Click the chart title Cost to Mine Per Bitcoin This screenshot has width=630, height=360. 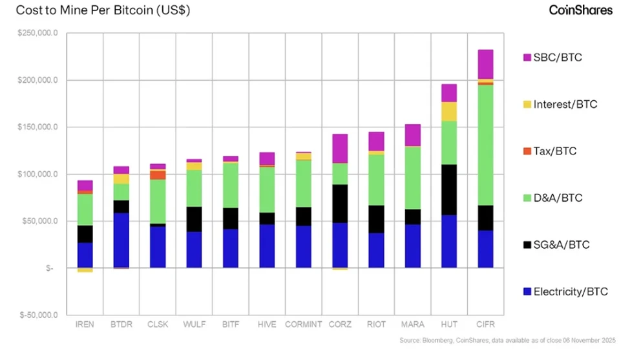click(103, 11)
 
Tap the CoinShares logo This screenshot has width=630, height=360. click(580, 10)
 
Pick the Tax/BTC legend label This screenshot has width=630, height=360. click(555, 151)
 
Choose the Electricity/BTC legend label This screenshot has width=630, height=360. click(571, 292)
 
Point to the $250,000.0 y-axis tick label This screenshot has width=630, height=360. click(39, 33)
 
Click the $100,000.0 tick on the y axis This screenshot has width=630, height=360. click(39, 175)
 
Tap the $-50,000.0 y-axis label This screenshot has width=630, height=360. click(41, 315)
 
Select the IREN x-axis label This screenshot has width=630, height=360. click(85, 324)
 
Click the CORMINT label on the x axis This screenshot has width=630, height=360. click(303, 324)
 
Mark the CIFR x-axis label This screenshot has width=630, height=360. click(485, 324)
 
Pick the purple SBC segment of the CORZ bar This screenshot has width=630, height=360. click(340, 148)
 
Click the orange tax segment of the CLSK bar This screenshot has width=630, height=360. click(158, 175)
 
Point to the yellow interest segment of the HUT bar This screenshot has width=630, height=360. click(449, 111)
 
